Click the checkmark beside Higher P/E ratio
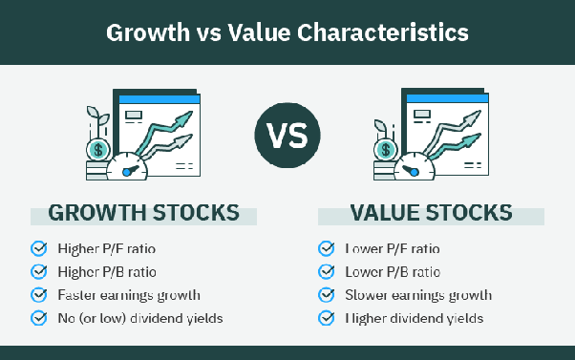click(x=39, y=248)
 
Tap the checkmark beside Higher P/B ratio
click(x=39, y=271)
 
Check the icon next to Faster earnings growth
click(x=39, y=294)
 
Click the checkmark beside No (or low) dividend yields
click(x=39, y=317)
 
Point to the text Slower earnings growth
click(x=417, y=294)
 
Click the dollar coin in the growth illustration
click(x=98, y=149)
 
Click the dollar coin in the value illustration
click(x=386, y=149)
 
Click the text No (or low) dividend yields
click(x=139, y=317)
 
